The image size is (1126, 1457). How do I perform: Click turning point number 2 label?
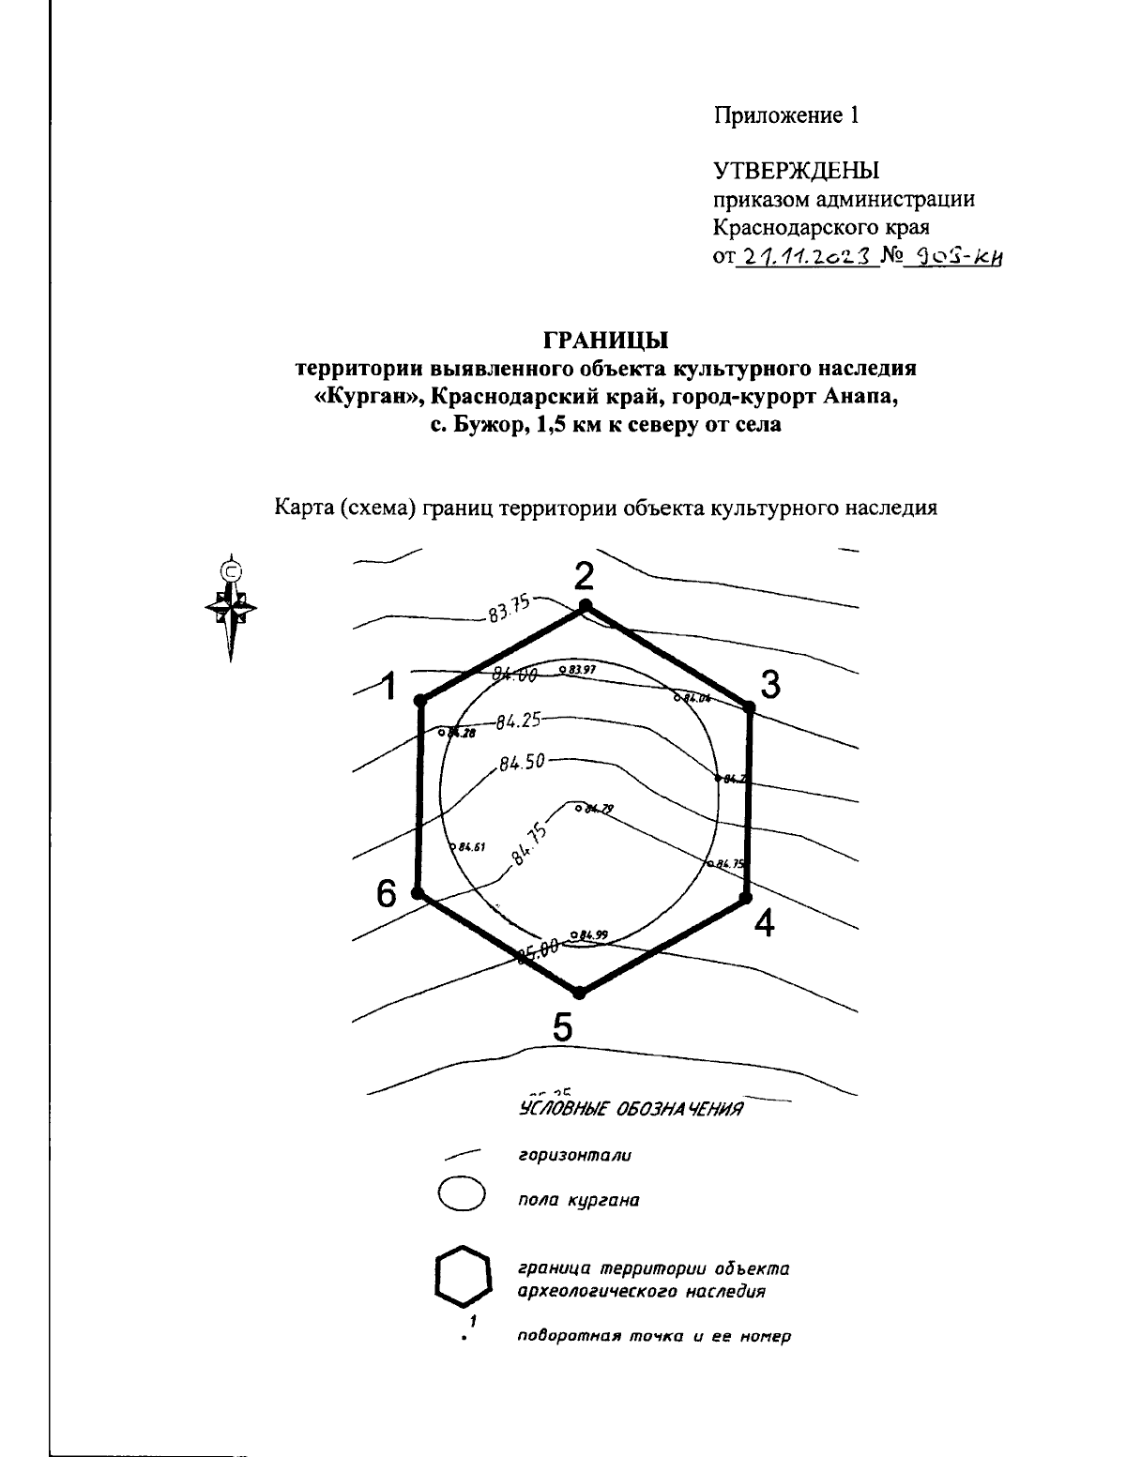(x=585, y=574)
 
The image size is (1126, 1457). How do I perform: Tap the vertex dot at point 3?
(x=750, y=706)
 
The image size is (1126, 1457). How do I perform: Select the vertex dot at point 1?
(x=420, y=700)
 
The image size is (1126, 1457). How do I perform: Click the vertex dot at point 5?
(x=580, y=992)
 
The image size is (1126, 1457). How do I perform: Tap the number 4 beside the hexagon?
(x=765, y=923)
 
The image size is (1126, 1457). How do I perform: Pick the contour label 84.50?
(x=522, y=762)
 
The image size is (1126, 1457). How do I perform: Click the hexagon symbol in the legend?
(x=463, y=1276)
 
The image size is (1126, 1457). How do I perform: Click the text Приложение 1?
(x=785, y=115)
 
